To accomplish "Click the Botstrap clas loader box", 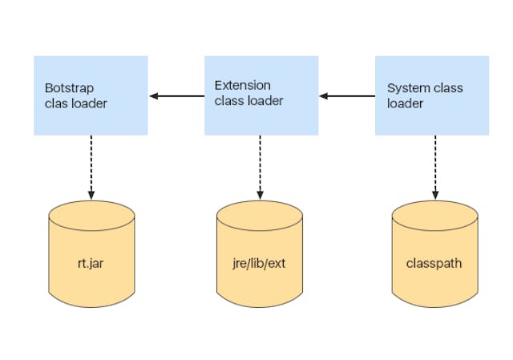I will tap(91, 95).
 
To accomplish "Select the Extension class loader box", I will tap(261, 95).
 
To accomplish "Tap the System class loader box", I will tap(432, 95).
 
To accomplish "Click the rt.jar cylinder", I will tap(91, 248).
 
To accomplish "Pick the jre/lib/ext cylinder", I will tap(260, 248).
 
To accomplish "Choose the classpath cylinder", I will tap(435, 248).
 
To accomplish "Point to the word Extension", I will tap(242, 85).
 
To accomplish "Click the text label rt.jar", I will tap(91, 262).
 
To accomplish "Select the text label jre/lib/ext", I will tap(260, 262).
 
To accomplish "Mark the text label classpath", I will tap(434, 262).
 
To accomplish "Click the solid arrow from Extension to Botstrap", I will tap(177, 96).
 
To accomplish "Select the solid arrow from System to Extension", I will tap(347, 96).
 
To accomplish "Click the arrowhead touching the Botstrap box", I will tap(153, 96).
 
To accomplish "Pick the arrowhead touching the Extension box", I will tap(323, 96).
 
